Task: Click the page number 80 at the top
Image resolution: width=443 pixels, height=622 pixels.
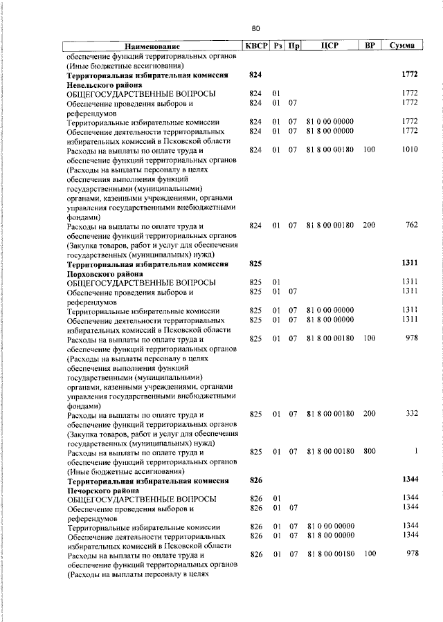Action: pyautogui.click(x=255, y=28)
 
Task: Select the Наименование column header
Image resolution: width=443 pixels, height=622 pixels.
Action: pyautogui.click(x=151, y=46)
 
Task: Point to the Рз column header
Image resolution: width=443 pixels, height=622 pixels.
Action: pyautogui.click(x=278, y=46)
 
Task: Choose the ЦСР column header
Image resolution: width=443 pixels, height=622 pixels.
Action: pyautogui.click(x=329, y=46)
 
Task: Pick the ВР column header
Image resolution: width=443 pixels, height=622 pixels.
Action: pyautogui.click(x=370, y=46)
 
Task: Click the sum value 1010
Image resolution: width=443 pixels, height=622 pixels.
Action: pyautogui.click(x=410, y=149)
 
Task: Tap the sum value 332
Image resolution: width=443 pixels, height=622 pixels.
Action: pyautogui.click(x=412, y=414)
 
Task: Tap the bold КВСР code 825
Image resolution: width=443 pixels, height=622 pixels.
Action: pyautogui.click(x=255, y=264)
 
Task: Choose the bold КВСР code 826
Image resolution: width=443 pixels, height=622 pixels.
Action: pyautogui.click(x=255, y=479)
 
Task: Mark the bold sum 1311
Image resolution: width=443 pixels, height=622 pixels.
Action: pyautogui.click(x=410, y=264)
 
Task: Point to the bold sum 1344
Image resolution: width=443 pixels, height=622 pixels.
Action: pyautogui.click(x=410, y=479)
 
